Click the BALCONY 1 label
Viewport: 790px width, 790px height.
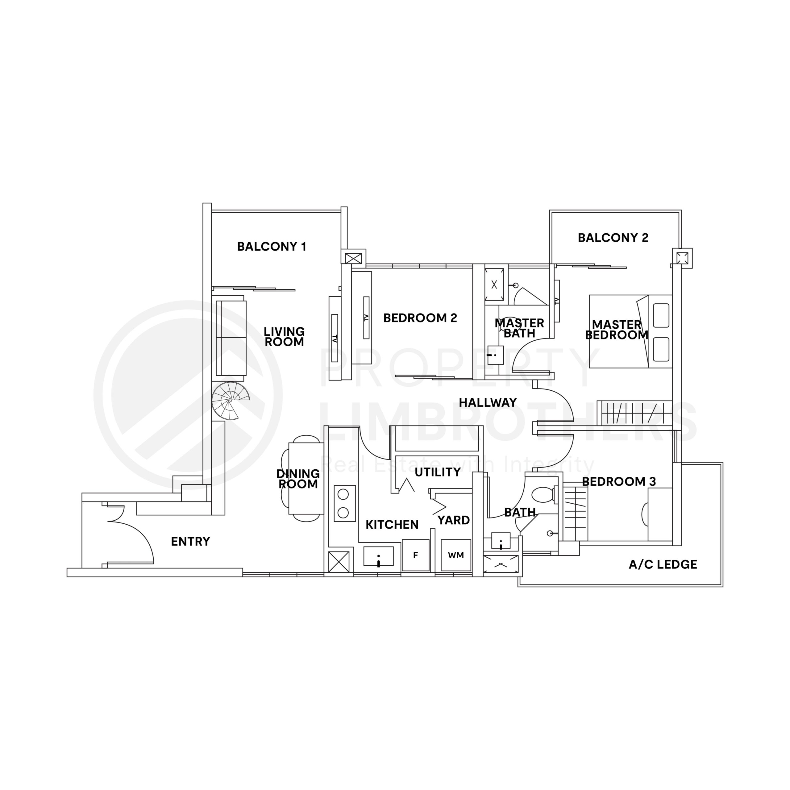pyautogui.click(x=272, y=247)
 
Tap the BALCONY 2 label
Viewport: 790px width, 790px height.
pyautogui.click(x=613, y=238)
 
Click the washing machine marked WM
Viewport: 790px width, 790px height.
pyautogui.click(x=456, y=555)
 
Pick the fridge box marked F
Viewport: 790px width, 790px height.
pyautogui.click(x=415, y=555)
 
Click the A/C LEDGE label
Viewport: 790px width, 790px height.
pyautogui.click(x=663, y=565)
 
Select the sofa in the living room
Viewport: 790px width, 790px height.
pyautogui.click(x=231, y=338)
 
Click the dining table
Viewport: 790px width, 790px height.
pyautogui.click(x=306, y=478)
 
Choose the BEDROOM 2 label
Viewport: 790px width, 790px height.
pyautogui.click(x=420, y=318)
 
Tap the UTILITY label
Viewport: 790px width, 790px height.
pyautogui.click(x=438, y=472)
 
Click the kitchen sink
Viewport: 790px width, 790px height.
pyautogui.click(x=378, y=556)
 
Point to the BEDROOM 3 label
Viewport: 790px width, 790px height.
pyautogui.click(x=619, y=481)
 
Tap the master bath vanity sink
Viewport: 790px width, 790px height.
pyautogui.click(x=495, y=355)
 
